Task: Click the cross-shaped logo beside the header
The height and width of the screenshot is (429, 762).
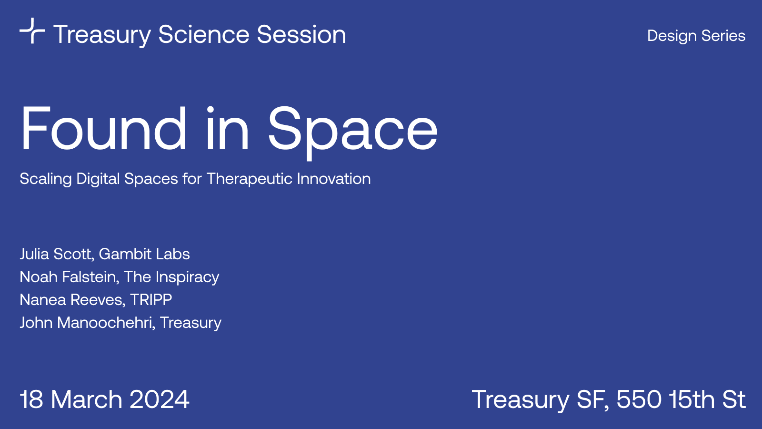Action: (32, 31)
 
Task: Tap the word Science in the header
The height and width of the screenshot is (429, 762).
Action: (204, 34)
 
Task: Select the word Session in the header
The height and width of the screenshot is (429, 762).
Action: (301, 34)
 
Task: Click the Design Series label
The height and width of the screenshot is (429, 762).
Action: (696, 36)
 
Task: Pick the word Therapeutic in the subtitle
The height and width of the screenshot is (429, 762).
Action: (248, 179)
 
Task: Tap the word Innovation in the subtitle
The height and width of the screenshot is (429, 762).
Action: (334, 178)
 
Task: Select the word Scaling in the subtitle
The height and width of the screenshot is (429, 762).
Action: (46, 179)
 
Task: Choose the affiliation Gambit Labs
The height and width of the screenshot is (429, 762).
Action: (144, 254)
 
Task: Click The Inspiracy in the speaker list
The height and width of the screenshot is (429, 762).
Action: (171, 277)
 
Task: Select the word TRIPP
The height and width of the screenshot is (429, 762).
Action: (150, 300)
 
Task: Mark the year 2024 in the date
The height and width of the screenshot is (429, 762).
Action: (159, 399)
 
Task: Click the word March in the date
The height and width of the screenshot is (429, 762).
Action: (86, 399)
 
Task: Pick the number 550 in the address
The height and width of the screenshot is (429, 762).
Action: (639, 399)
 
